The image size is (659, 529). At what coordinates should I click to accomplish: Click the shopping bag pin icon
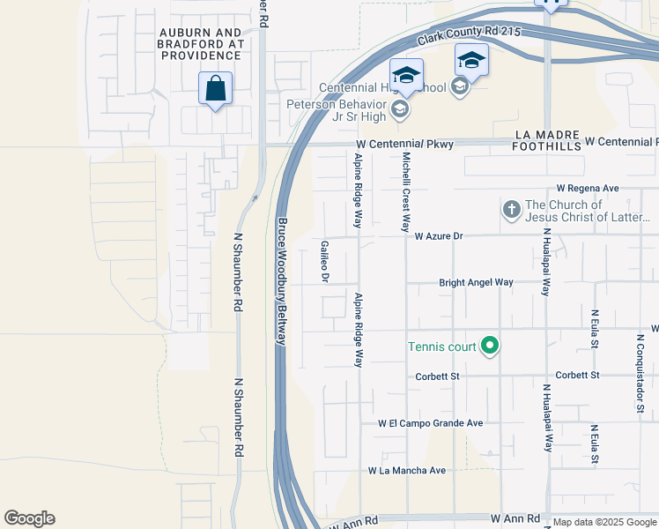[215, 89]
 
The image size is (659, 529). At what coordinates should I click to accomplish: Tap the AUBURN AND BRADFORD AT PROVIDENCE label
[201, 43]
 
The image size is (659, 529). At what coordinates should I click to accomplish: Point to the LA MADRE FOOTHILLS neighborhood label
[547, 142]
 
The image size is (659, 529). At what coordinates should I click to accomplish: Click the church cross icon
[511, 211]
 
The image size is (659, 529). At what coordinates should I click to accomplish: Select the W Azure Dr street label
[438, 236]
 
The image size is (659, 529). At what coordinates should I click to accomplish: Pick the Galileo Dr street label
[325, 262]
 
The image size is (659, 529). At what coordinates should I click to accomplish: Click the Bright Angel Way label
[476, 283]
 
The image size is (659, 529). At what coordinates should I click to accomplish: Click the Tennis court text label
[441, 346]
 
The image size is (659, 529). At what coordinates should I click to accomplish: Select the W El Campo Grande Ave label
[431, 423]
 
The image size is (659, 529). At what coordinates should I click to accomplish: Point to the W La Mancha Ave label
[407, 471]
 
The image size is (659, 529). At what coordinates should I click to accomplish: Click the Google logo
[29, 518]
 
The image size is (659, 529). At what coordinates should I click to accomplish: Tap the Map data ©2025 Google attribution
[604, 523]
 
